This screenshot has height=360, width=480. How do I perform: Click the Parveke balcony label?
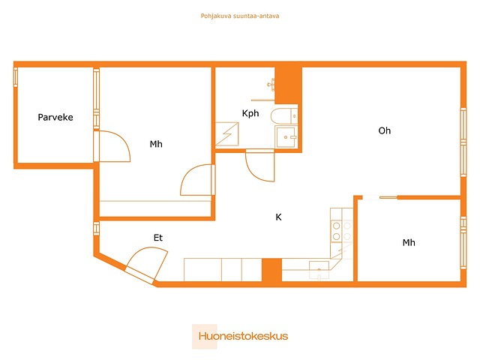point(55,117)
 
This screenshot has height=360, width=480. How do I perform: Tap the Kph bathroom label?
point(250,113)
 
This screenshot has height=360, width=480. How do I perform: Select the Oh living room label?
point(385,130)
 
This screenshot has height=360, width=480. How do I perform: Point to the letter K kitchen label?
point(278,217)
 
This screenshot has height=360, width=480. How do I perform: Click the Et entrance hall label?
point(158,238)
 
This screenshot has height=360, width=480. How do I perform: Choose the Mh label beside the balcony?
point(156,144)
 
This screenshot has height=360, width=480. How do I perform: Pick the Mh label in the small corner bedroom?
point(409,243)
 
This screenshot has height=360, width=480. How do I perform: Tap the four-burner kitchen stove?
point(342,231)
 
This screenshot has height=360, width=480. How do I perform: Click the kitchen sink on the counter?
point(319,270)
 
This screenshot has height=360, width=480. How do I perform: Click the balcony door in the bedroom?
point(112,146)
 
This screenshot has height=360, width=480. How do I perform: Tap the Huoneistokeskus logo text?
point(243,336)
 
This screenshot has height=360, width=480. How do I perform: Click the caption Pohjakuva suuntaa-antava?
point(240,16)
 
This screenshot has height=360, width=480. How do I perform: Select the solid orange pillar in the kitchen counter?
point(271,270)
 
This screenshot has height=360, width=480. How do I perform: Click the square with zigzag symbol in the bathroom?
point(226,134)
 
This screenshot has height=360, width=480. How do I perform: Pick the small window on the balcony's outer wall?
point(15,77)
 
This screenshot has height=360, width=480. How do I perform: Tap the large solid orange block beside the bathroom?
point(288,85)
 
